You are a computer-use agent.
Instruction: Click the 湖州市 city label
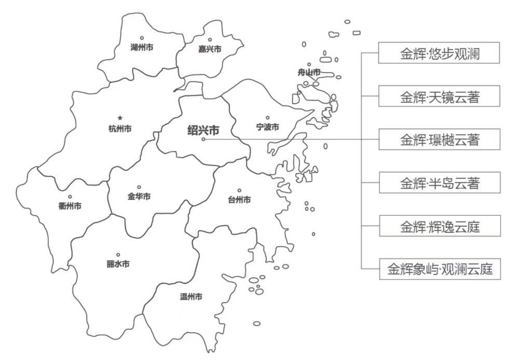tap(142, 47)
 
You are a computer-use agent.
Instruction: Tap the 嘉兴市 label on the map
tap(210, 49)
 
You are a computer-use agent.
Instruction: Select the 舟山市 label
tap(309, 72)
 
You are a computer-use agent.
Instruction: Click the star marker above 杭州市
tap(120, 118)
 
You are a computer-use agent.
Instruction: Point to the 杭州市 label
tap(120, 129)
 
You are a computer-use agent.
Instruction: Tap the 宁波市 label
tap(268, 127)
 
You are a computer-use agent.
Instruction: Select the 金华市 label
tap(139, 197)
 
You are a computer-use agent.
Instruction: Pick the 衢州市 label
tap(70, 206)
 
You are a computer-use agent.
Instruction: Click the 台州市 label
tap(239, 200)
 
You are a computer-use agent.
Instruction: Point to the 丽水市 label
tap(118, 264)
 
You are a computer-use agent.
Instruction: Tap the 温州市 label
tap(190, 297)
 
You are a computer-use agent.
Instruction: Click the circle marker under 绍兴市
tap(203, 139)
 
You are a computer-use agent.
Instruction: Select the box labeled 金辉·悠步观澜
tap(440, 53)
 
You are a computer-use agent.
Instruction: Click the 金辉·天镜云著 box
tap(440, 96)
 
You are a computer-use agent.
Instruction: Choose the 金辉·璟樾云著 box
tap(440, 140)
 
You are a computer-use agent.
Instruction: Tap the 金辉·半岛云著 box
tap(440, 183)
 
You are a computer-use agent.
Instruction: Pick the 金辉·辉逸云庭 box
tap(440, 226)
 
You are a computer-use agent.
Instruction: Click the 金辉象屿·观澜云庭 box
tap(440, 269)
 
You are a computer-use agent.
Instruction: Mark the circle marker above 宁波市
tap(268, 118)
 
